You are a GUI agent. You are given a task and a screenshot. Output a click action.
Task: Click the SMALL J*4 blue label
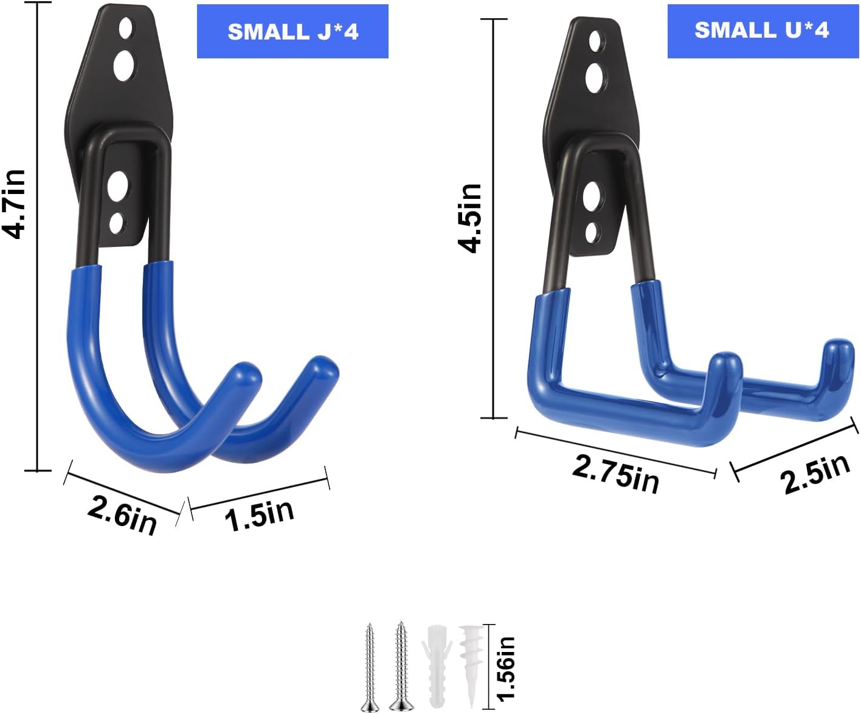(x=292, y=32)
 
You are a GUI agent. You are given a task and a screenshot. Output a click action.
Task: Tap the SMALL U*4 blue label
(x=762, y=30)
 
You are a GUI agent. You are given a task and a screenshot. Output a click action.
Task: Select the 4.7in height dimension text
(x=15, y=204)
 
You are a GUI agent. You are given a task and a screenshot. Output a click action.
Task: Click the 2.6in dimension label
(x=122, y=515)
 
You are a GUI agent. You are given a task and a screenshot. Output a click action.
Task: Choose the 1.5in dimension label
(x=259, y=515)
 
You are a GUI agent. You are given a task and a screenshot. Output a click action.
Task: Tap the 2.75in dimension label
(x=615, y=473)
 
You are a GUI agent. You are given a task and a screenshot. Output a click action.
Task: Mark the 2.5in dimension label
(x=815, y=474)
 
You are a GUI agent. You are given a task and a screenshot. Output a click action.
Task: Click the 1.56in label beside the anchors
(x=506, y=668)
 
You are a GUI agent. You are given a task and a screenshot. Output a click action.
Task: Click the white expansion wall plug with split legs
(x=437, y=666)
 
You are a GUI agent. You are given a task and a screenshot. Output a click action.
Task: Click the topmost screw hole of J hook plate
(x=126, y=27)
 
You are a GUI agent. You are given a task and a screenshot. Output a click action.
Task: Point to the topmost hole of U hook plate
(x=595, y=41)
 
